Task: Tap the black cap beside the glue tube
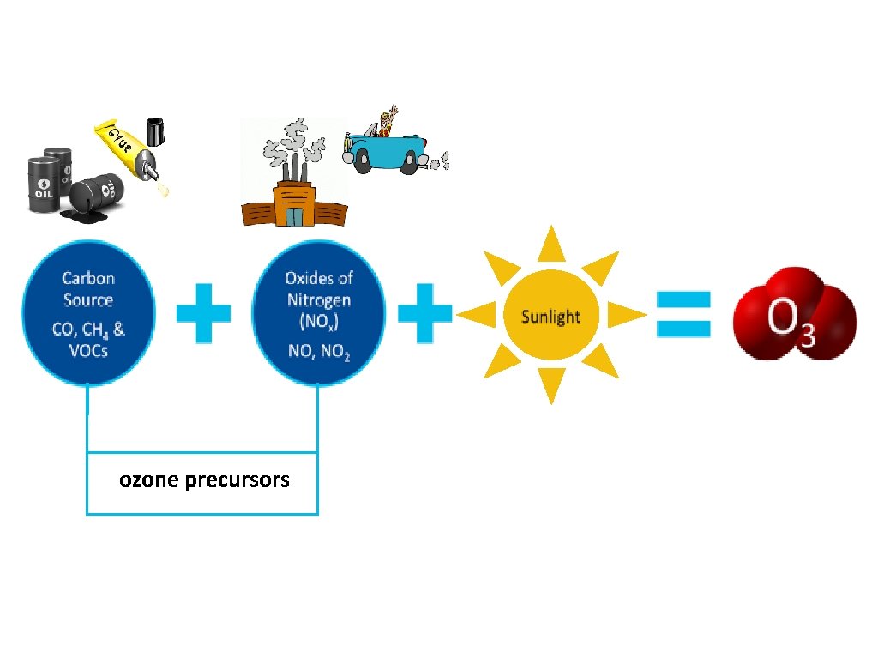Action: click(156, 130)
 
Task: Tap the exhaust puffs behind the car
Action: click(438, 160)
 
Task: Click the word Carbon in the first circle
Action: click(88, 278)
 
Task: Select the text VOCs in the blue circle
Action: click(88, 350)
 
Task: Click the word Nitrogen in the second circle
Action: click(319, 299)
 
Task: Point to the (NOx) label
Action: click(319, 323)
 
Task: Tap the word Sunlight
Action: click(550, 317)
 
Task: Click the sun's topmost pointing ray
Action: click(551, 242)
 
